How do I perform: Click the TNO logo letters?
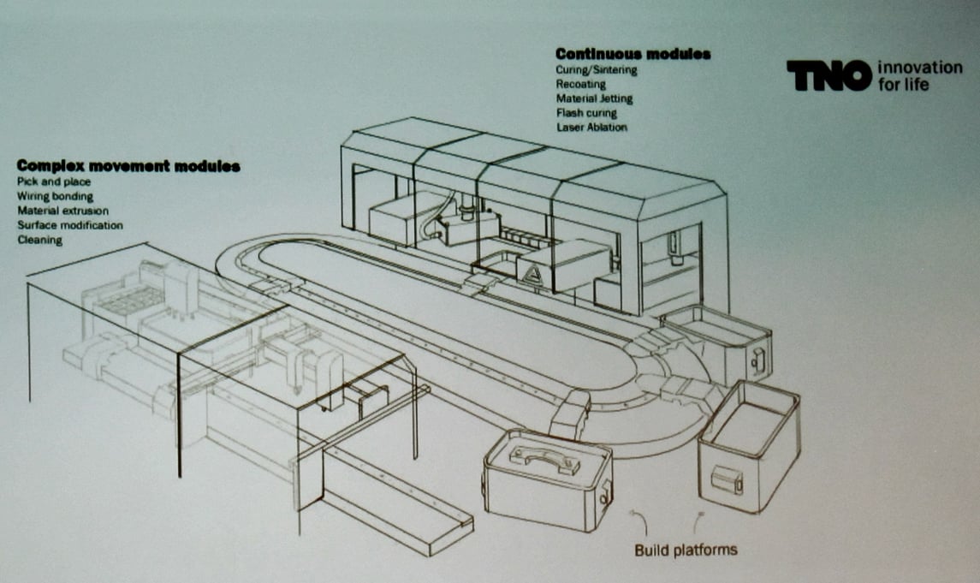829,75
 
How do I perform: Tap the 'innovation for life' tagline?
920,75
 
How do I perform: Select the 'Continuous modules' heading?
633,55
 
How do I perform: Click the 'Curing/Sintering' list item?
597,70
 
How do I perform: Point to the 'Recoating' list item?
580,85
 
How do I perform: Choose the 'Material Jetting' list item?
594,98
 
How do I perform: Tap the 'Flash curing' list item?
586,113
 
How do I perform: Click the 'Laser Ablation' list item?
591,128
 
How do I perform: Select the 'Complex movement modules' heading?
128,166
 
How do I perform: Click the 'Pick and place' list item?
54,181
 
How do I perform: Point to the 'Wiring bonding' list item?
55,196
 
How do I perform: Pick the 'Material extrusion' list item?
62,211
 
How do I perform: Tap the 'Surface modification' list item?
70,225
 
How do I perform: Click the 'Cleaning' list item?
39,240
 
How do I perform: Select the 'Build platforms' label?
686,550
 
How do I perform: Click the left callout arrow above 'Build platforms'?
641,521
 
